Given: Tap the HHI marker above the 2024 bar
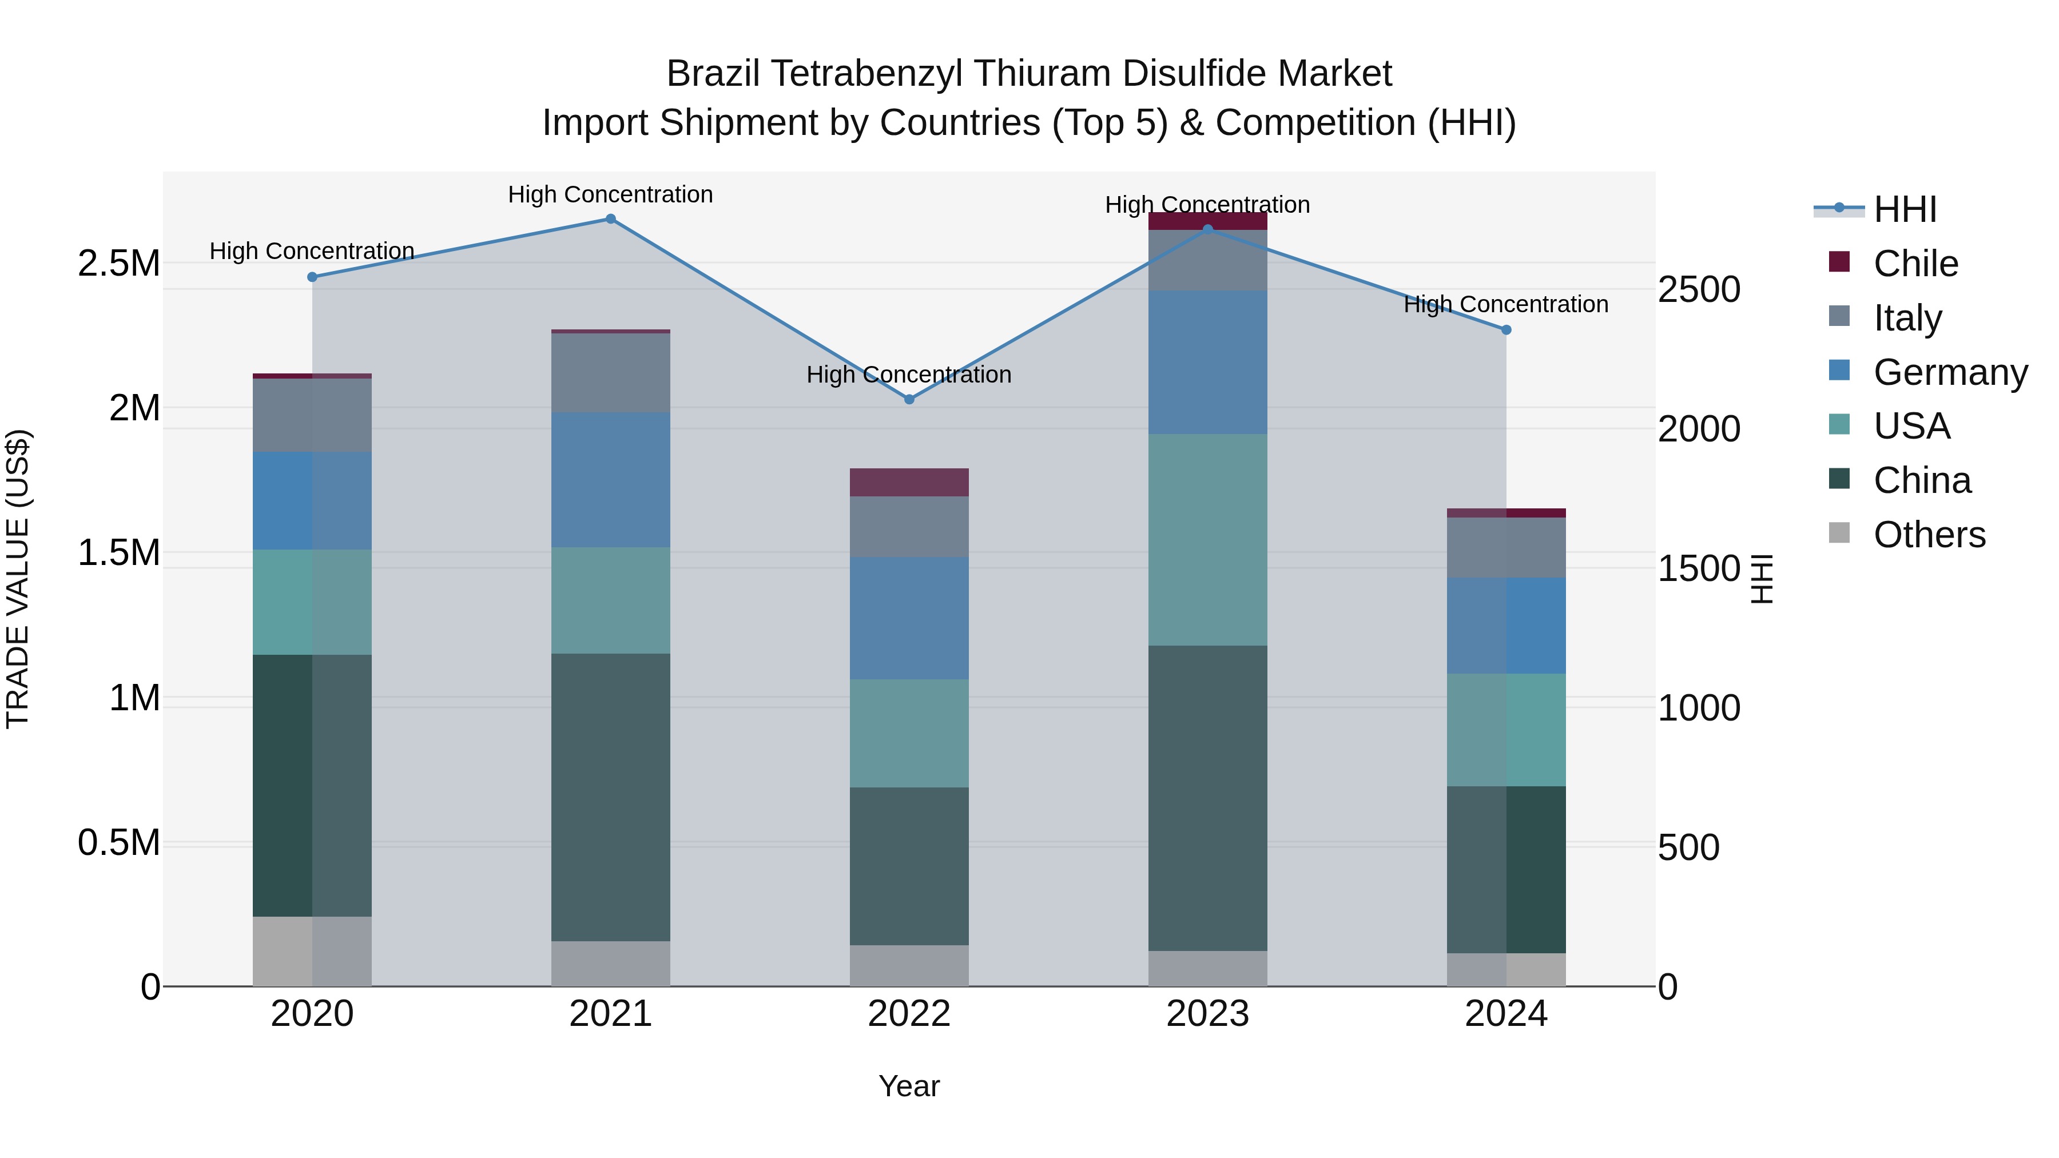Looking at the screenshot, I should click(1506, 330).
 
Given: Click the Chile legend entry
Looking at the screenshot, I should click(1915, 264).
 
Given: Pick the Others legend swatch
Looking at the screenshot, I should click(1839, 533).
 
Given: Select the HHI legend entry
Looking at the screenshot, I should click(1904, 209).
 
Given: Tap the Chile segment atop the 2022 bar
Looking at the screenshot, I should click(909, 483).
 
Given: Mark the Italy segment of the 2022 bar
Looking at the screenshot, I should click(909, 527).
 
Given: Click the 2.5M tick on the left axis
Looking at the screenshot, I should click(118, 264).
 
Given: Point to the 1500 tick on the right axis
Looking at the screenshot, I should click(1699, 569).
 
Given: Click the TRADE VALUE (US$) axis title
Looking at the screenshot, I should click(18, 579).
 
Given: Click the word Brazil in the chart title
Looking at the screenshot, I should click(713, 74).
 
